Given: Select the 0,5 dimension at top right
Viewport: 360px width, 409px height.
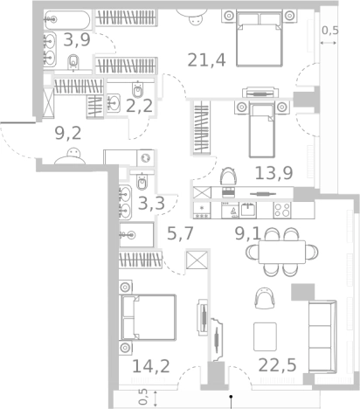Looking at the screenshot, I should [331, 31].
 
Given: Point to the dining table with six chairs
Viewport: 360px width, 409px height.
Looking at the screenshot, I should [281, 252].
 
